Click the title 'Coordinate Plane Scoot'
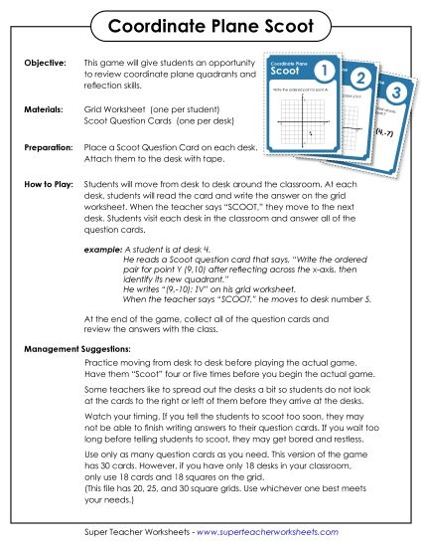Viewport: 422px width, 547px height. coord(211,23)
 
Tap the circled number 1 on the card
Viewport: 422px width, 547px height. coord(322,71)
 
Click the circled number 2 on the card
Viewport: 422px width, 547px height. coord(360,80)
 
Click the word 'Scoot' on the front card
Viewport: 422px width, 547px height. coord(286,73)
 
